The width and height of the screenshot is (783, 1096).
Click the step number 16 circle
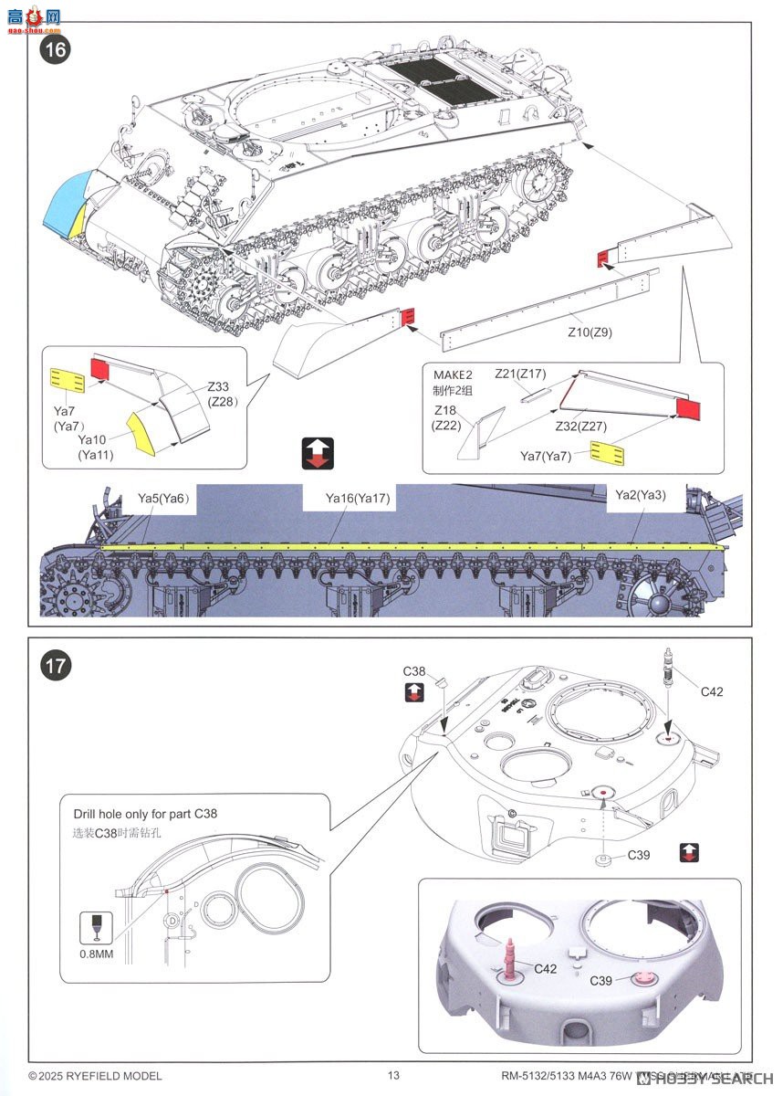point(55,49)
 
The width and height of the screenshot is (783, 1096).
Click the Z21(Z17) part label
point(519,374)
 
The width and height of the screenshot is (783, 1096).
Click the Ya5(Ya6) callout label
point(162,498)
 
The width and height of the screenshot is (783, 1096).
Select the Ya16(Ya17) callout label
point(358,499)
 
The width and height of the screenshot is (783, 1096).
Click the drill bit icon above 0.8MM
point(97,924)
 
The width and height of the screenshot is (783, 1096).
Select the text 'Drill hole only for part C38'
point(143,814)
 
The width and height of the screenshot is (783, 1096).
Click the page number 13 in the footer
point(393,1076)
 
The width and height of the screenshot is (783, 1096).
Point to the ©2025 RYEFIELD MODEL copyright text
point(95,1076)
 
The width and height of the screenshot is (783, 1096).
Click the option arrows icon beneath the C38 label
point(413,692)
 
